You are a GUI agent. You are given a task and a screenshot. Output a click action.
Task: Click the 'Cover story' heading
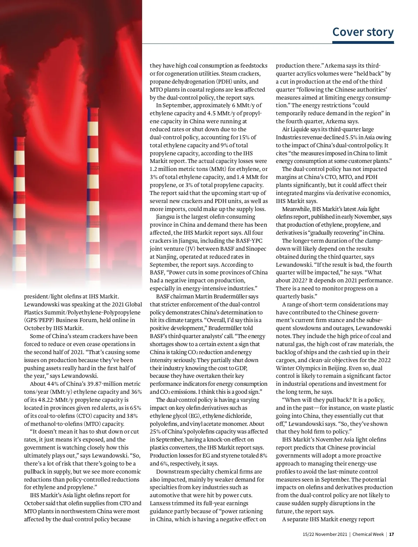click(363, 32)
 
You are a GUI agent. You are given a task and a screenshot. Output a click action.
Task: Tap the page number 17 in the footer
click(392, 534)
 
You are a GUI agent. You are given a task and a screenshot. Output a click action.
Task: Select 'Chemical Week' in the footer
click(368, 534)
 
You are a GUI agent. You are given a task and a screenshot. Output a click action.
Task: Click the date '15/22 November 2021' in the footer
click(325, 534)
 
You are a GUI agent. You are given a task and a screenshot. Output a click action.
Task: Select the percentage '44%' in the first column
click(52, 384)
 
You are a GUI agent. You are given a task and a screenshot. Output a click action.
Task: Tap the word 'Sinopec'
click(257, 249)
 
